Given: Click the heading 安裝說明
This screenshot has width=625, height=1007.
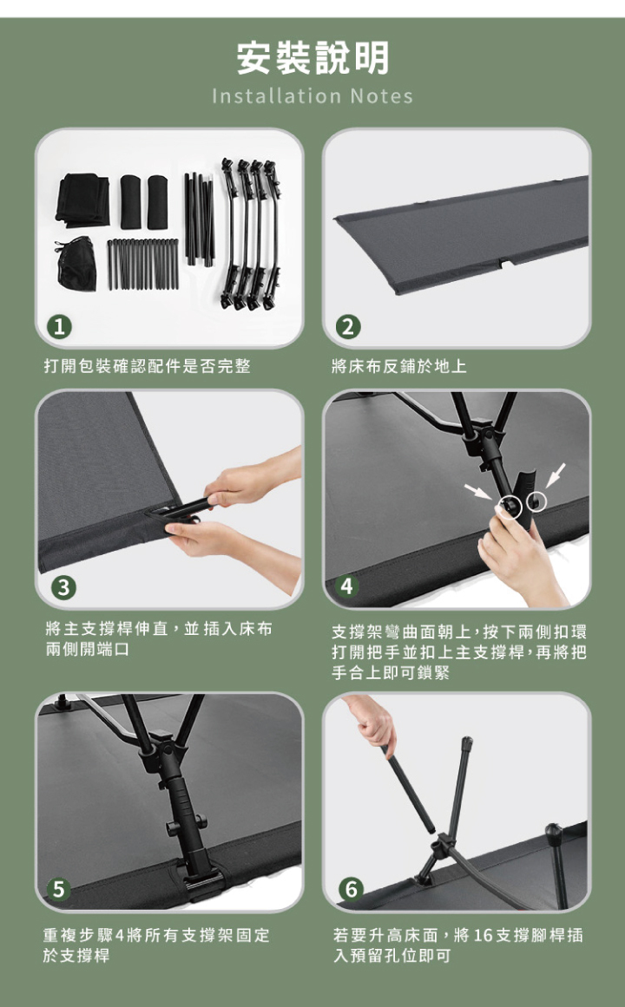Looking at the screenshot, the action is coord(312,58).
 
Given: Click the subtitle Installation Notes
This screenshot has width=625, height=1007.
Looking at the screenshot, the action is coord(312,96).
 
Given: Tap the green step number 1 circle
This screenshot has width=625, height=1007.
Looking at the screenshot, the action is coord(59,328).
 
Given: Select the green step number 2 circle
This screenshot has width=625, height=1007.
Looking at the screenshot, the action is coord(347,328).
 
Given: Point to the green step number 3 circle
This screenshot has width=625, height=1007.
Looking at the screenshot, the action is coord(63,587).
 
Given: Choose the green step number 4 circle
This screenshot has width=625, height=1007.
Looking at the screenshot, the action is coord(347,585).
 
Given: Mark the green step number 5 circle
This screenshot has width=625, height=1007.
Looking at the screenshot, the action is coord(59,890).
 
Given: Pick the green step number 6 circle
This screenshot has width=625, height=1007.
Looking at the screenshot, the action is coord(351,890).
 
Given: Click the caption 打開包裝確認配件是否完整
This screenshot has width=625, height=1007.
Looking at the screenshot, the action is coord(148,366).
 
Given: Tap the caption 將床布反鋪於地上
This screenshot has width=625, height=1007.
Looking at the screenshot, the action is coord(399,366).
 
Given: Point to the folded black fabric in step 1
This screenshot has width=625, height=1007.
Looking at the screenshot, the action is coord(82,199).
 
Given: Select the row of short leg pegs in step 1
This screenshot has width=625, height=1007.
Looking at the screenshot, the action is coord(142,264).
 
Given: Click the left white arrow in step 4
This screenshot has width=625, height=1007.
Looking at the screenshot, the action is coord(477,491).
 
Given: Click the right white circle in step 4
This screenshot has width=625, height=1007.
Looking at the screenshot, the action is coord(536,501).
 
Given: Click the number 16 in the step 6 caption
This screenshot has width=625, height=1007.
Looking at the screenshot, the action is coord(483,935).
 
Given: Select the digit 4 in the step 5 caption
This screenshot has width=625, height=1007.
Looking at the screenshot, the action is coord(119,935).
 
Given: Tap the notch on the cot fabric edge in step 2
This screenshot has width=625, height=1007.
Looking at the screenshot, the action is coord(508,263).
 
